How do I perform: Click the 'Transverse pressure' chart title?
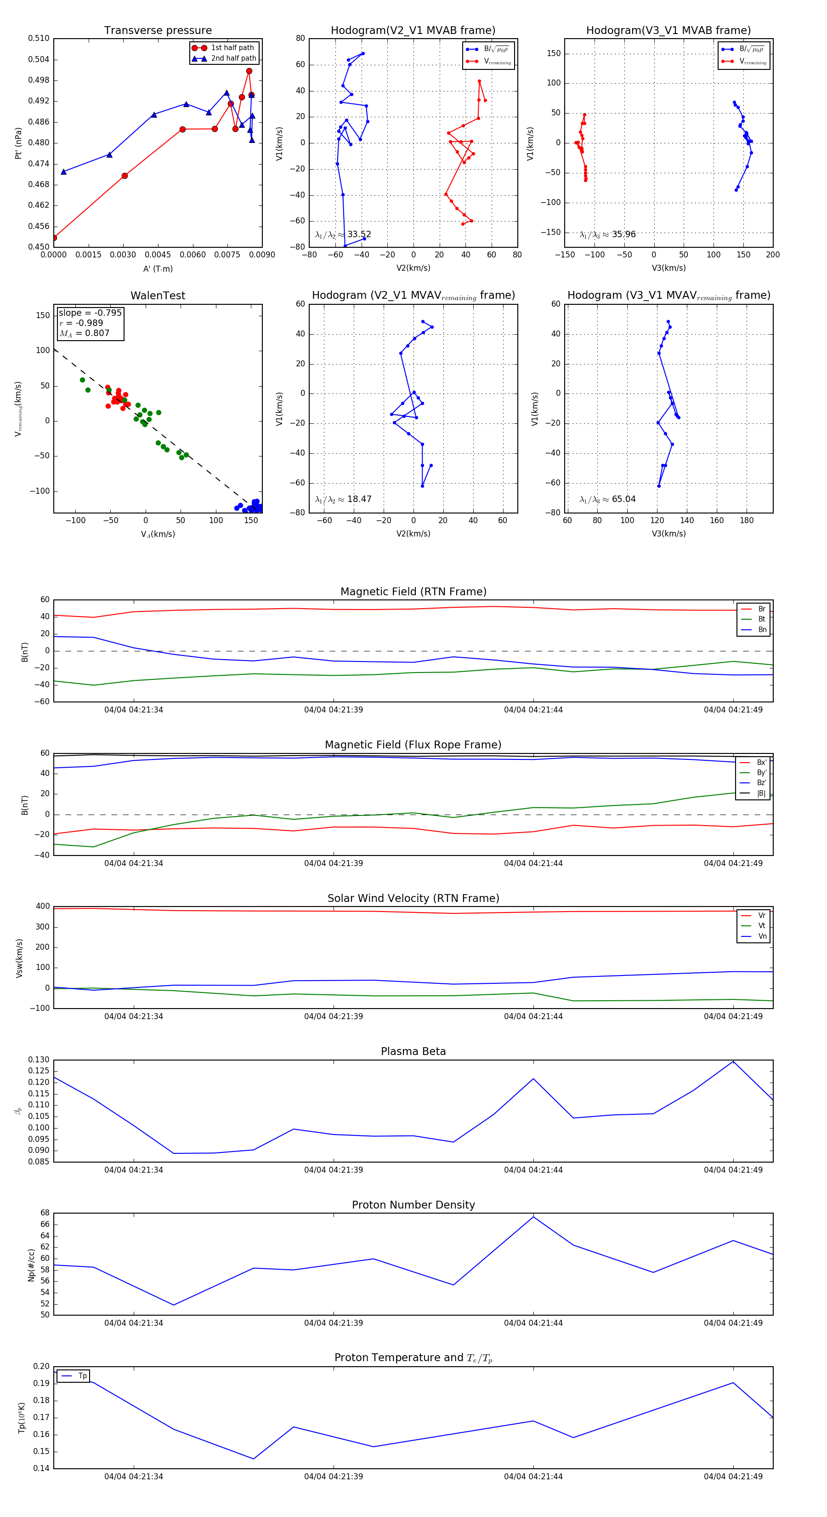pos(158,31)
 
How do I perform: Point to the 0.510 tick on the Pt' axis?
pos(39,38)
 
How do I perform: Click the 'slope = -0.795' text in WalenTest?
pos(90,313)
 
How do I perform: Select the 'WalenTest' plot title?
pos(158,296)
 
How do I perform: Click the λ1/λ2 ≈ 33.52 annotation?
pos(343,234)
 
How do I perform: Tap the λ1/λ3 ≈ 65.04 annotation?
pos(607,499)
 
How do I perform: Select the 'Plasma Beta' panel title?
pos(413,1051)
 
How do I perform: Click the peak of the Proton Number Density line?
pos(533,1217)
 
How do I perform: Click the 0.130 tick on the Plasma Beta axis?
pos(39,1060)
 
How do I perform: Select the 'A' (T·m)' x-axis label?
pos(158,268)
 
